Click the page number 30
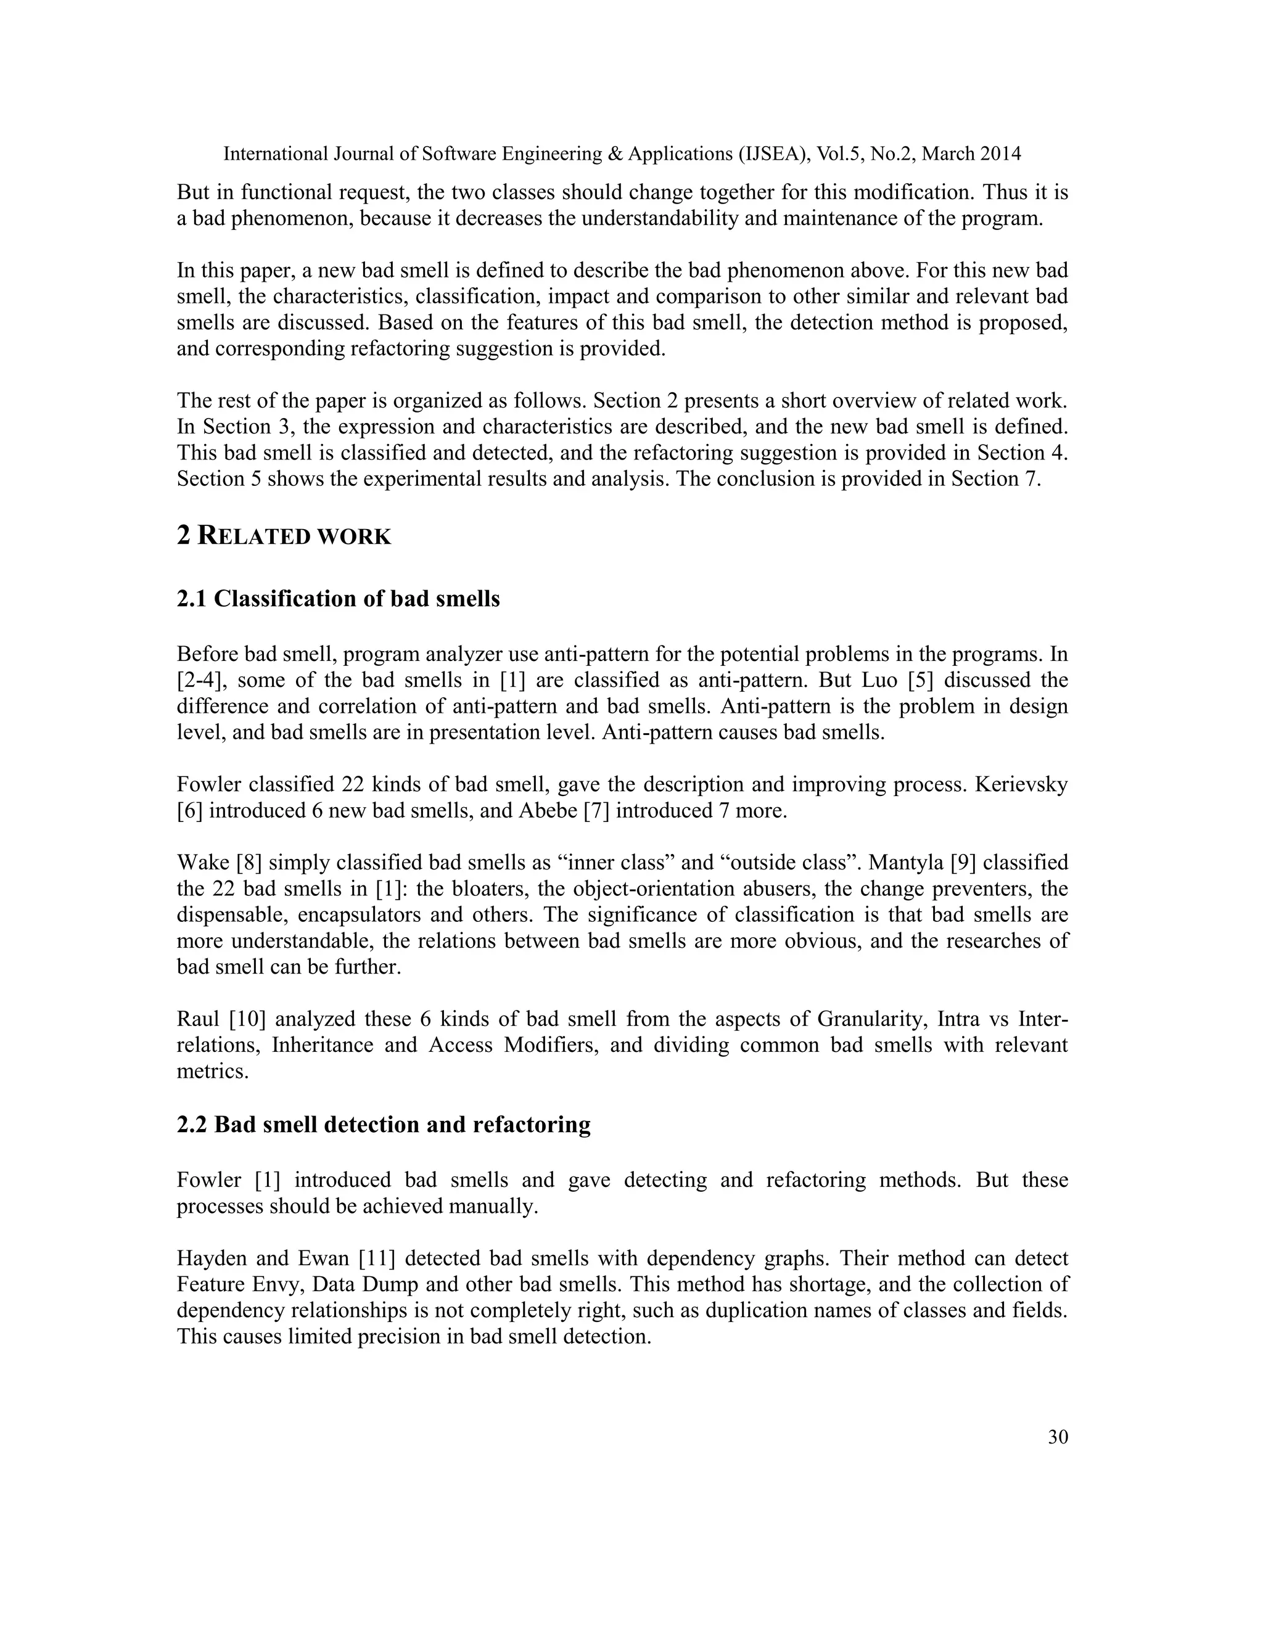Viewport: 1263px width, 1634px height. [1057, 1458]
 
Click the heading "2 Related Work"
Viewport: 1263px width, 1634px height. [284, 536]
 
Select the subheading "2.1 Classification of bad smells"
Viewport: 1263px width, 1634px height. [338, 599]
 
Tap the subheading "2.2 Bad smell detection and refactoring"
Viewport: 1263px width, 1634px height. [383, 1125]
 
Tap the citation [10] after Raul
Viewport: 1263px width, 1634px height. [243, 1019]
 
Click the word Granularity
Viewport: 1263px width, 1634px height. [870, 1019]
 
